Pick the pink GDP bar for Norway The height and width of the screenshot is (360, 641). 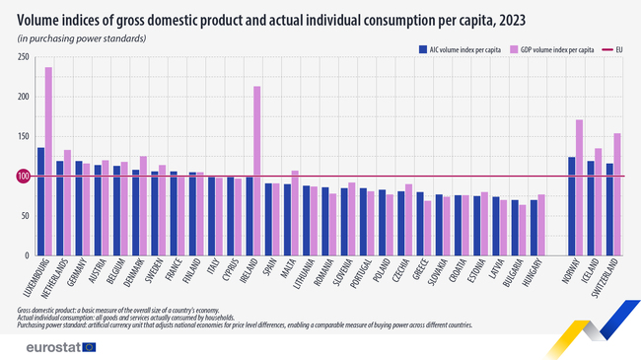(x=579, y=187)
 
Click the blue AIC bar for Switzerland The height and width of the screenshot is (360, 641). (x=609, y=208)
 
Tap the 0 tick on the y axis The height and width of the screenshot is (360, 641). (x=26, y=255)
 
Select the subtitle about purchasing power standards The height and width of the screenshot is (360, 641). (x=81, y=37)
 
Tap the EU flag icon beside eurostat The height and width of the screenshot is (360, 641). (x=90, y=346)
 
